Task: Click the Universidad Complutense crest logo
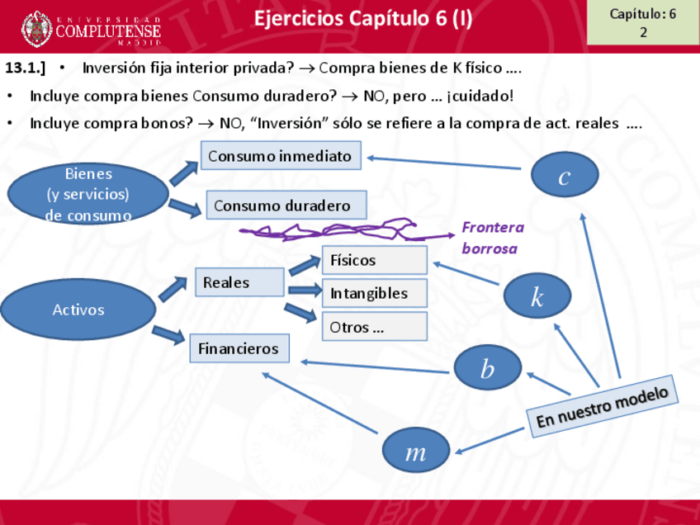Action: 37,29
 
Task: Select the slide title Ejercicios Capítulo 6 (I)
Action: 363,18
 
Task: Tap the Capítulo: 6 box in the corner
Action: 642,22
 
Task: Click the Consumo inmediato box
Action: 281,155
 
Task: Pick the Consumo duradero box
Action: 282,205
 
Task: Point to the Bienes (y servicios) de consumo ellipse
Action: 88,194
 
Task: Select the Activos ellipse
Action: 78,310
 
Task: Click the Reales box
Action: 239,282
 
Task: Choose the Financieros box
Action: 239,348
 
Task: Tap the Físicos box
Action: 374,260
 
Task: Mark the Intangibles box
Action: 374,293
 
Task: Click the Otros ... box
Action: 374,327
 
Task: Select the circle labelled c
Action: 565,176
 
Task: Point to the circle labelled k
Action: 537,296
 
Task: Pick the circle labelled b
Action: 488,368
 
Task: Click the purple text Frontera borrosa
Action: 492,238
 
